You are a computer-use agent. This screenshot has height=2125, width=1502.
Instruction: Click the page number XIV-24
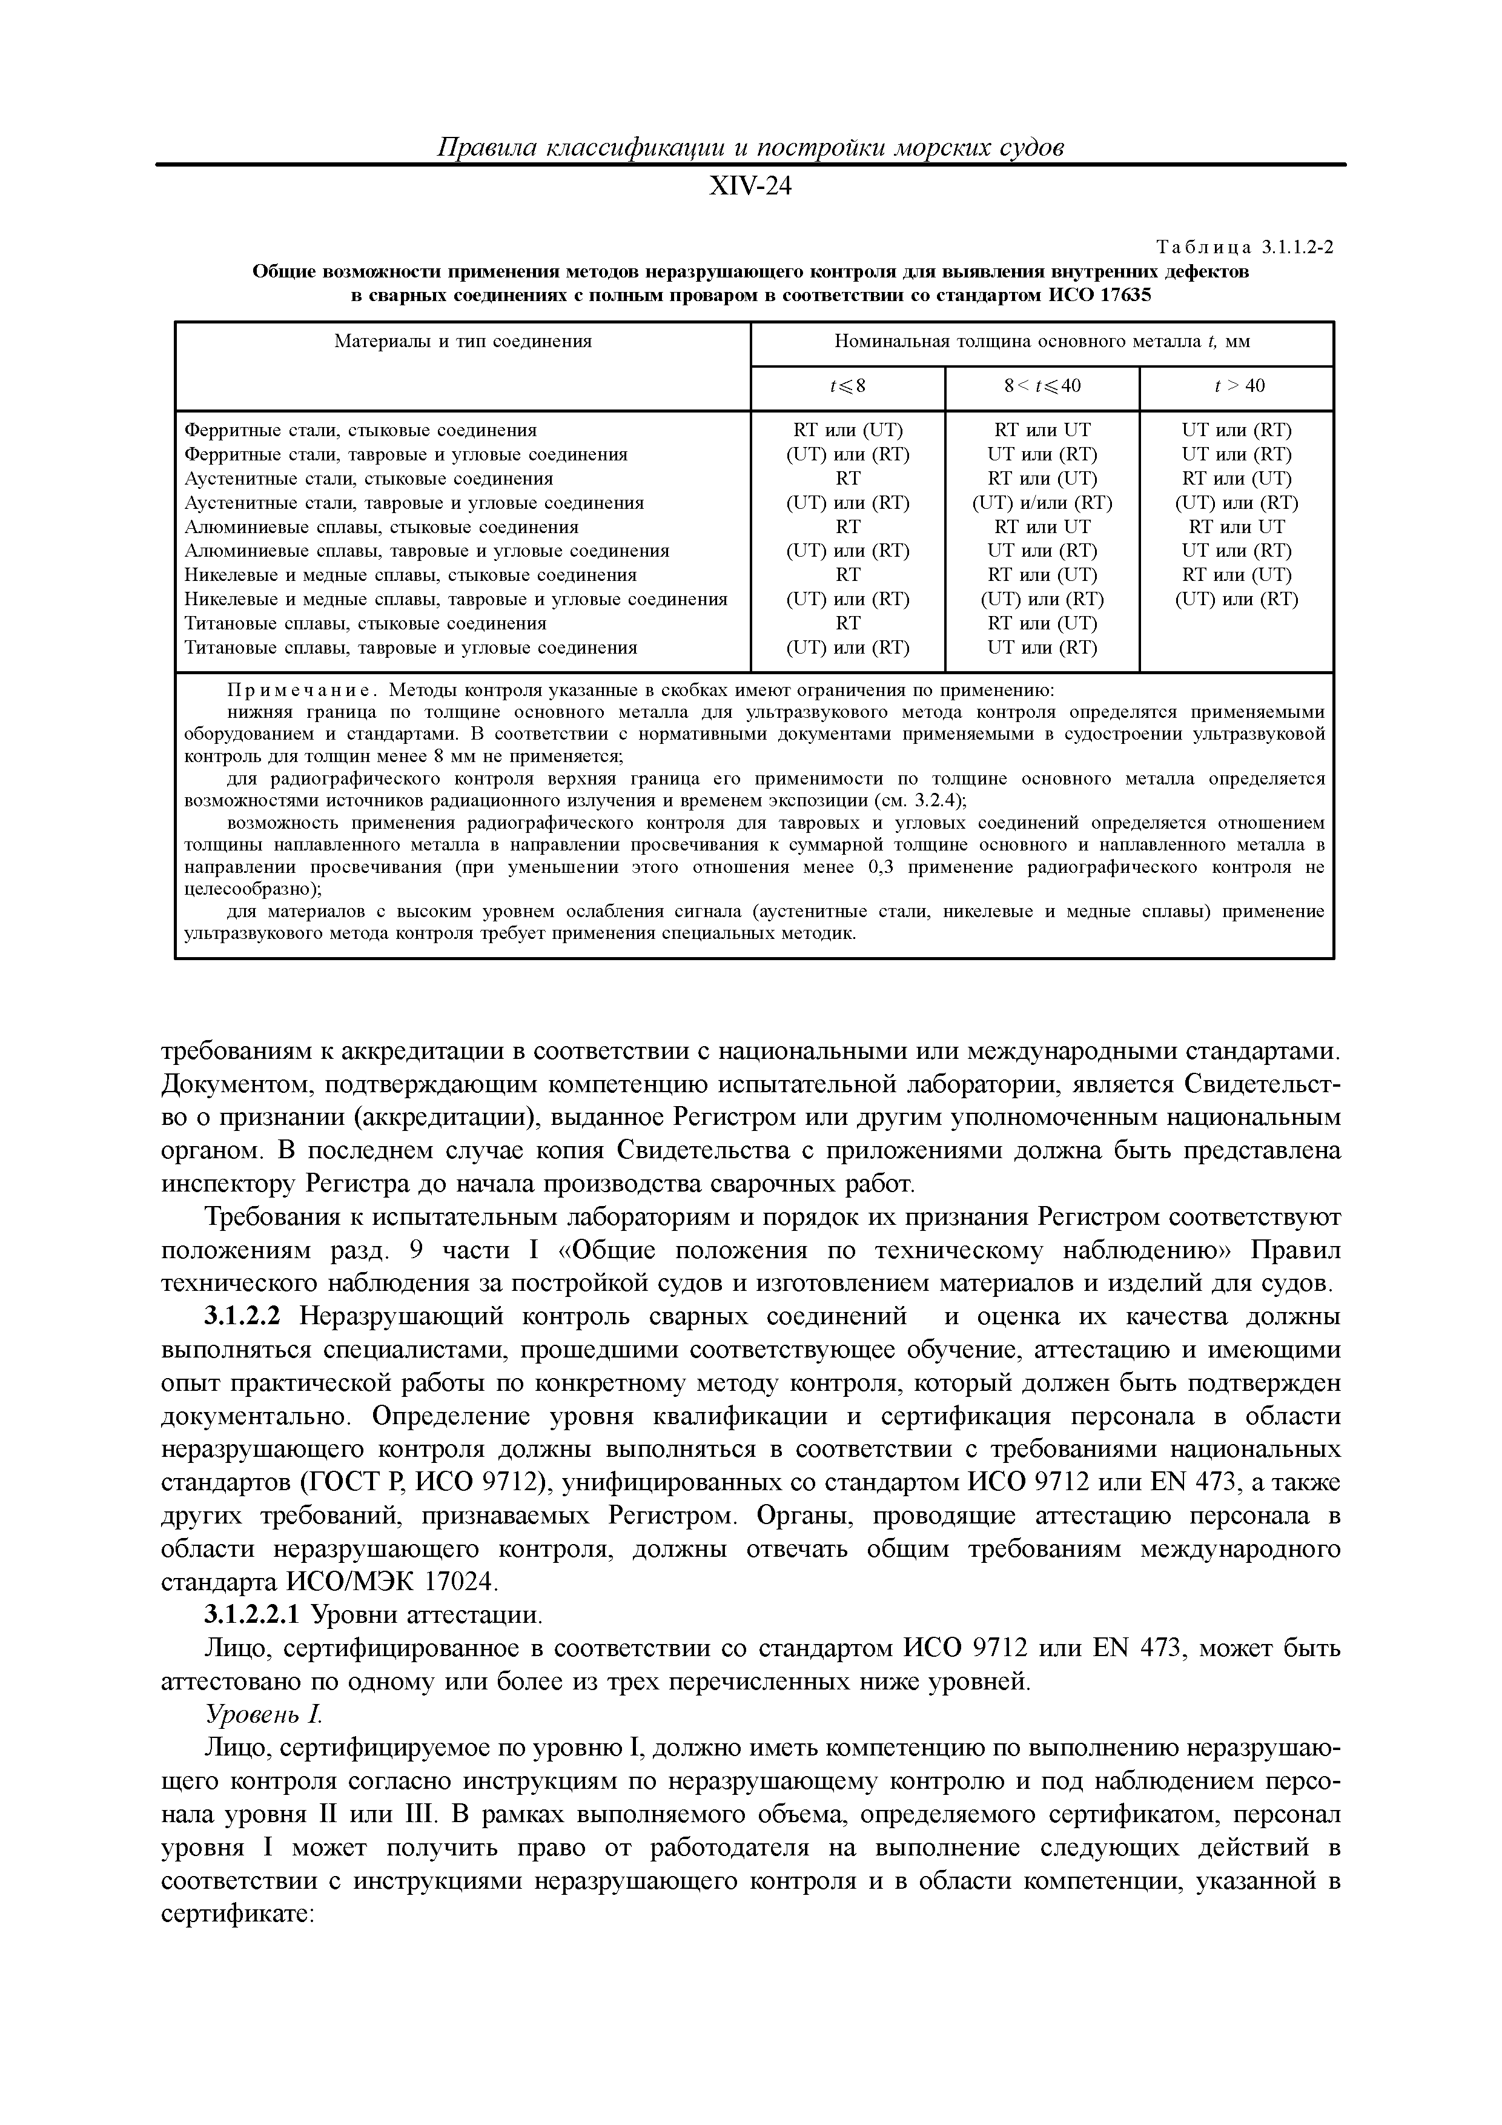(x=750, y=188)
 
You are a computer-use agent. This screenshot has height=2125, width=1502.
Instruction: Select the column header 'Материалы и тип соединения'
(x=463, y=342)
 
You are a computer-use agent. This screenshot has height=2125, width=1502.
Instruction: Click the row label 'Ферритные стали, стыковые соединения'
(x=361, y=430)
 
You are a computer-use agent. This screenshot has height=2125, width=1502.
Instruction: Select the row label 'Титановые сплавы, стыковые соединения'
(x=366, y=623)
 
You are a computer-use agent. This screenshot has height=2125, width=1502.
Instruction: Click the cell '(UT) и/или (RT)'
(x=1042, y=503)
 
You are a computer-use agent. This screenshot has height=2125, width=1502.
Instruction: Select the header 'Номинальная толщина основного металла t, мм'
(x=1042, y=342)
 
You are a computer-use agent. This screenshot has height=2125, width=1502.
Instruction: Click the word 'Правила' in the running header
(x=480, y=148)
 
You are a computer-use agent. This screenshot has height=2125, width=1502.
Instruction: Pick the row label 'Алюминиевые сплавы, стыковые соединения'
(x=382, y=526)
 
